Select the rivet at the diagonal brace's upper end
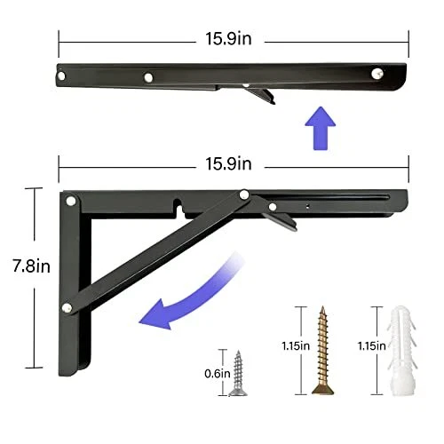click(x=242, y=194)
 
